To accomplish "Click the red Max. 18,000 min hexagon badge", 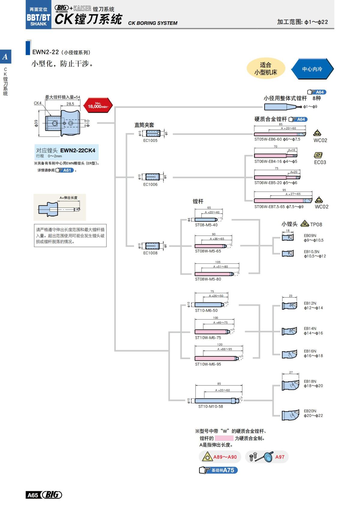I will [x=98, y=105].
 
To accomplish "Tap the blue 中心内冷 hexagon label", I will [x=312, y=69].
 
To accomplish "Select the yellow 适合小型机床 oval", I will [x=265, y=69].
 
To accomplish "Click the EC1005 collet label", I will [x=150, y=140].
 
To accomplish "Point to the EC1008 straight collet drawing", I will [x=153, y=246].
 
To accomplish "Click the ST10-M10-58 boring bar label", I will [x=210, y=406].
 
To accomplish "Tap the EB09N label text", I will [x=310, y=236].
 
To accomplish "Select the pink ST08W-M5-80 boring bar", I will [x=214, y=274].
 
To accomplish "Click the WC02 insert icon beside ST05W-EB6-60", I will [x=317, y=133].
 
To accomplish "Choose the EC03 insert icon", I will [x=318, y=155].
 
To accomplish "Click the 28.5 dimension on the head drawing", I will [x=70, y=104].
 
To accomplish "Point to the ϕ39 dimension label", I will [x=36, y=123].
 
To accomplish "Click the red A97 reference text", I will [x=280, y=457].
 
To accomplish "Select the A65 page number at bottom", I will [x=33, y=495].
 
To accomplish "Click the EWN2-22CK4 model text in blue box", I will [x=78, y=150].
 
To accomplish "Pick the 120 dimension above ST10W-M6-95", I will [x=220, y=345].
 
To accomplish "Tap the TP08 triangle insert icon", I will [x=304, y=223].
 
